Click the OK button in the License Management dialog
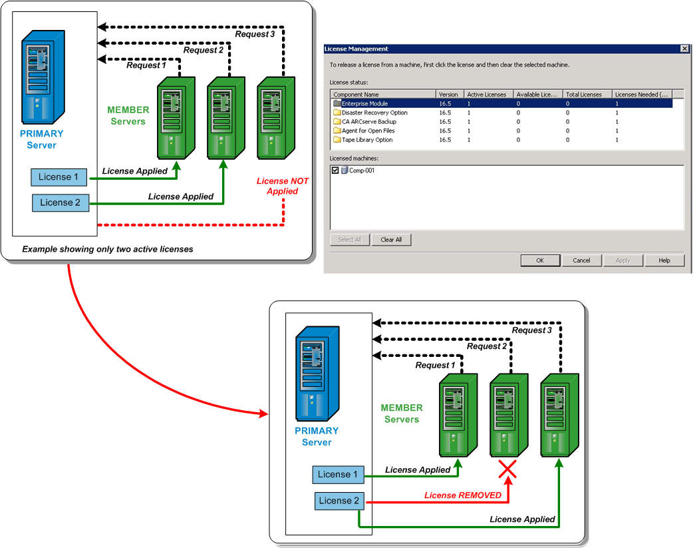pos(540,260)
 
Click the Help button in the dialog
pos(664,260)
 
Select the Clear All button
pos(391,240)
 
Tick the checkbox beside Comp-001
pos(335,170)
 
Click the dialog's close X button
pos(684,49)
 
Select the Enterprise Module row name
pos(364,104)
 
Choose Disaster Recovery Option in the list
pos(374,113)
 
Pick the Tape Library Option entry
pos(367,140)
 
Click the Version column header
pos(449,95)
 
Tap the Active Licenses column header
pos(487,95)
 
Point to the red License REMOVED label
pos(463,495)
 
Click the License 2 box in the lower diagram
pos(338,501)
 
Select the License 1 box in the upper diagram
pos(59,177)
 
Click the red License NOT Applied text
pos(282,186)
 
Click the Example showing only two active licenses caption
pos(107,249)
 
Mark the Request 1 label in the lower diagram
pos(436,366)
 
